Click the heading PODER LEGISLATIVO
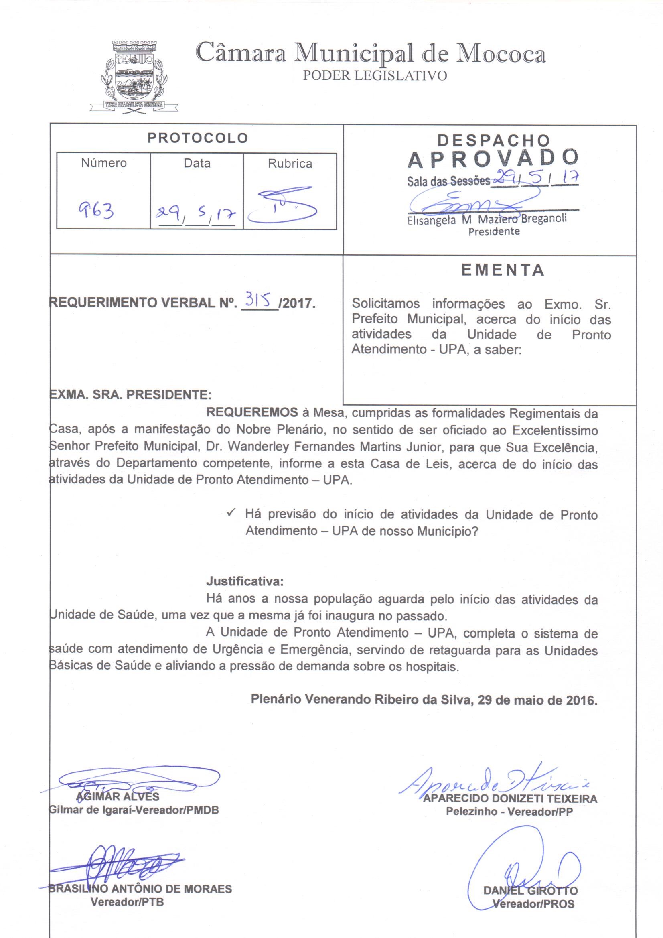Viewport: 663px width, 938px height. coord(375,75)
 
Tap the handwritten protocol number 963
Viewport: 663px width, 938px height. coord(97,210)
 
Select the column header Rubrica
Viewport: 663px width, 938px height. coord(290,164)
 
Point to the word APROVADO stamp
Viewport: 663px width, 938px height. coord(493,160)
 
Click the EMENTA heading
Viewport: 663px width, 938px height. coord(503,270)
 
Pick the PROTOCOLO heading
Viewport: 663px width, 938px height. coord(198,138)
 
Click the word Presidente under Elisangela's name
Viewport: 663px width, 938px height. coord(493,231)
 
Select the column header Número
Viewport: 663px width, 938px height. coord(104,163)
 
